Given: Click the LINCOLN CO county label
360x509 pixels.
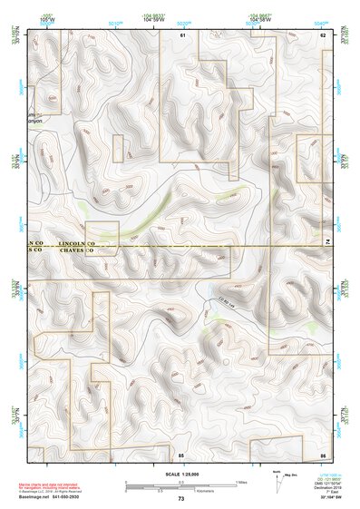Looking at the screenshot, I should click(76, 245).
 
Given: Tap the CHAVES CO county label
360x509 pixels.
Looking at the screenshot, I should click(76, 253).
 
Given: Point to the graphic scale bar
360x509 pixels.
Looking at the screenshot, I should click(180, 485).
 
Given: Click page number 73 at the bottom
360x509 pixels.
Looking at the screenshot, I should click(180, 499).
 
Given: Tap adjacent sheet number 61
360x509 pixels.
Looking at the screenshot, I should click(181, 34).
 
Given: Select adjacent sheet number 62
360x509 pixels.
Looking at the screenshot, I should click(322, 34).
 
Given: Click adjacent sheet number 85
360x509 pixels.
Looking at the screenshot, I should click(181, 453).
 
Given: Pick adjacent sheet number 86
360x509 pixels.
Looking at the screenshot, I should click(322, 453).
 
